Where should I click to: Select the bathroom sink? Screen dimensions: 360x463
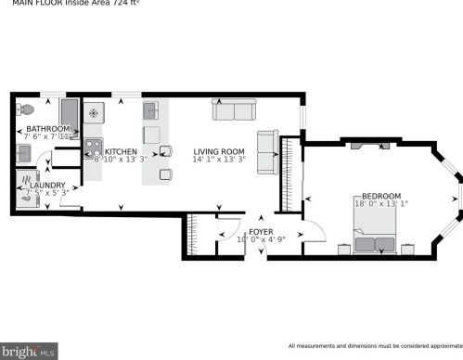[27, 151]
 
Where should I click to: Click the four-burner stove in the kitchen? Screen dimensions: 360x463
[93, 147]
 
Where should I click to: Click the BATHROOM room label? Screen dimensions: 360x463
[48, 129]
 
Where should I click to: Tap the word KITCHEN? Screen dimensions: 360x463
[121, 151]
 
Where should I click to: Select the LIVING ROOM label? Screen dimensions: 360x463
[218, 151]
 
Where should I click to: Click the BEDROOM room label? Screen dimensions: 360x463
[380, 196]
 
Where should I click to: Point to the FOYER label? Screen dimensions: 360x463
[261, 231]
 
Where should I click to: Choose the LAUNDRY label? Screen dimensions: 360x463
[47, 185]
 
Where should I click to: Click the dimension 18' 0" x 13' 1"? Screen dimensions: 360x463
[380, 204]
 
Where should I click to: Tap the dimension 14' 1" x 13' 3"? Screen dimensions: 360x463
[218, 160]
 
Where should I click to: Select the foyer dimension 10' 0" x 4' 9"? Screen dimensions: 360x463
[261, 239]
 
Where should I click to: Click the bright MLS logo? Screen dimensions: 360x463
[29, 351]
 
